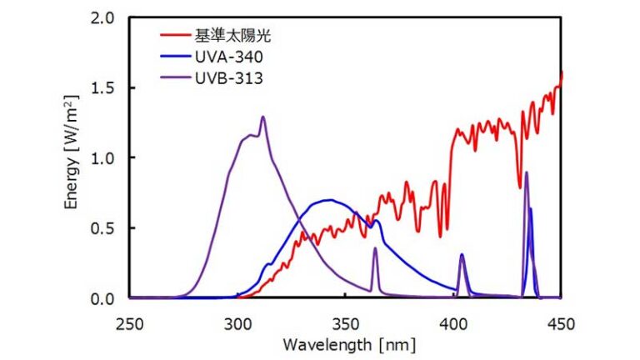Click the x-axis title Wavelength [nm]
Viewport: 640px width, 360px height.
pyautogui.click(x=346, y=342)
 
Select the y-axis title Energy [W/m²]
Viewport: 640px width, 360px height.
pyautogui.click(x=76, y=158)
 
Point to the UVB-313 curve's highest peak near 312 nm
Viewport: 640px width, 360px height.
pyautogui.click(x=262, y=117)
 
